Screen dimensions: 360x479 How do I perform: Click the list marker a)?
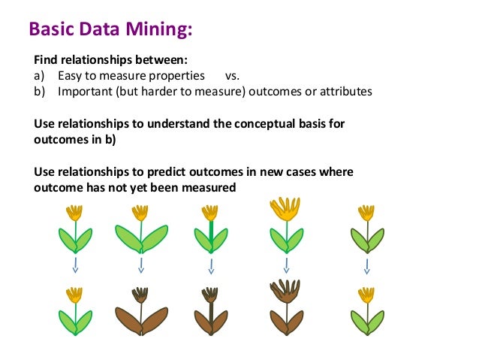[41, 76]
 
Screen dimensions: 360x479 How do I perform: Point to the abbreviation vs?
[232, 76]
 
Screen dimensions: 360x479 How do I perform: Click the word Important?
[83, 92]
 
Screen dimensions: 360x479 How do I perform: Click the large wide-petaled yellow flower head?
[285, 208]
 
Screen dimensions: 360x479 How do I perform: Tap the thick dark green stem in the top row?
[212, 232]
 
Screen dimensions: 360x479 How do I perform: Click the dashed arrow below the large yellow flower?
[285, 266]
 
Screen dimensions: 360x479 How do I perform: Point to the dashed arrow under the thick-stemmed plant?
[212, 266]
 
